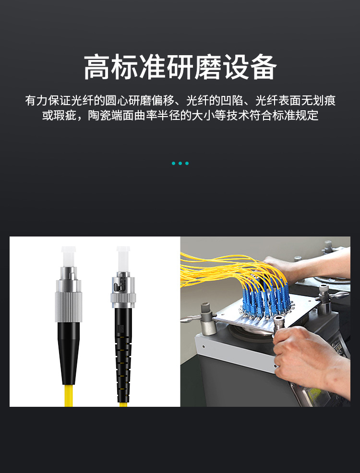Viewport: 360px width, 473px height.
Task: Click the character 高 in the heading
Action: coord(96,67)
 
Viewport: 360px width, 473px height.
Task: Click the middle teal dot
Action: coord(180,163)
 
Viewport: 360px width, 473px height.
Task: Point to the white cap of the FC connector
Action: coord(69,257)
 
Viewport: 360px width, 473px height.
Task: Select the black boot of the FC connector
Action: coord(69,353)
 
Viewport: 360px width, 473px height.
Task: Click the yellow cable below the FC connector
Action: coord(69,395)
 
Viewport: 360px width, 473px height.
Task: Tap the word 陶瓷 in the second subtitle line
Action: coord(99,116)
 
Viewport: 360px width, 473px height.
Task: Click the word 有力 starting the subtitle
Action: coord(36,100)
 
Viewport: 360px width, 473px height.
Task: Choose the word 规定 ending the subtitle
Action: coord(307,116)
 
